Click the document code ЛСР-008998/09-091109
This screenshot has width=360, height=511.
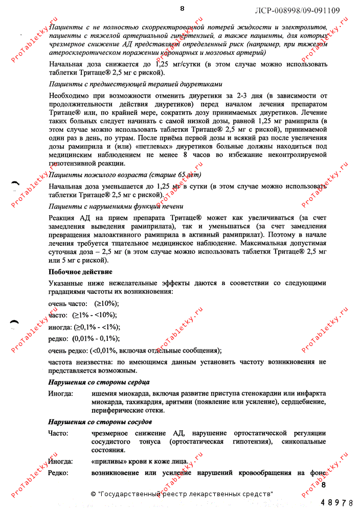coord(297,10)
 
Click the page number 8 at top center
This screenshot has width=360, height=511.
coord(182,8)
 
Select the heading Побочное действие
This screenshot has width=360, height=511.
coord(80,272)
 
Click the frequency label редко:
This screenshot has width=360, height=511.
coord(58,339)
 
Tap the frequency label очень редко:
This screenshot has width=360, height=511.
coord(68,351)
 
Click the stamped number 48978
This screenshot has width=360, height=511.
coord(336,503)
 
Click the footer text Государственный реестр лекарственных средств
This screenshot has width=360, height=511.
coord(185,494)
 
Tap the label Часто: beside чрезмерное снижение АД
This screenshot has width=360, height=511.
coord(58,433)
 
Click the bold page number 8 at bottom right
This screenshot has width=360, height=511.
coord(323,483)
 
